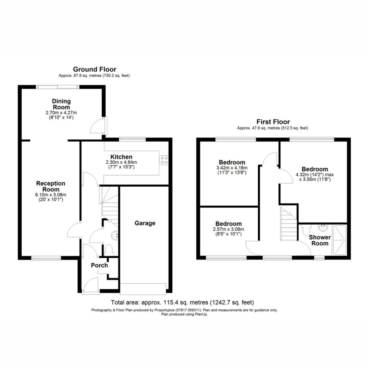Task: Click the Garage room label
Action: coord(145,223)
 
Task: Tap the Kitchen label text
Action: coord(121,157)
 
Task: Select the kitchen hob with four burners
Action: coord(164,160)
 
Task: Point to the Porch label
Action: coord(99,265)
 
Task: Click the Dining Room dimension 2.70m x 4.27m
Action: coord(61,113)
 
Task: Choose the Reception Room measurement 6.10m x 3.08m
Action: coord(50,195)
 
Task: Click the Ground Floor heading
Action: coord(95,69)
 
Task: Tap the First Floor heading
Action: coord(273,122)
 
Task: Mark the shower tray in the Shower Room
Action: coord(339,240)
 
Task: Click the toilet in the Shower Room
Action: coord(306,230)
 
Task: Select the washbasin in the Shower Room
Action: coord(323,228)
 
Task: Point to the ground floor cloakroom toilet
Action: coord(108,250)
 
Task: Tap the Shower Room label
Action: coord(320,240)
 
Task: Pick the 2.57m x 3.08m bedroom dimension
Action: coord(228,229)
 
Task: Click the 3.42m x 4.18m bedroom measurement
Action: coord(232,168)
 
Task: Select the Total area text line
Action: coord(182,302)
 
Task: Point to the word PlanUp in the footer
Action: coord(201,314)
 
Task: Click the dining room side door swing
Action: coord(97,126)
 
